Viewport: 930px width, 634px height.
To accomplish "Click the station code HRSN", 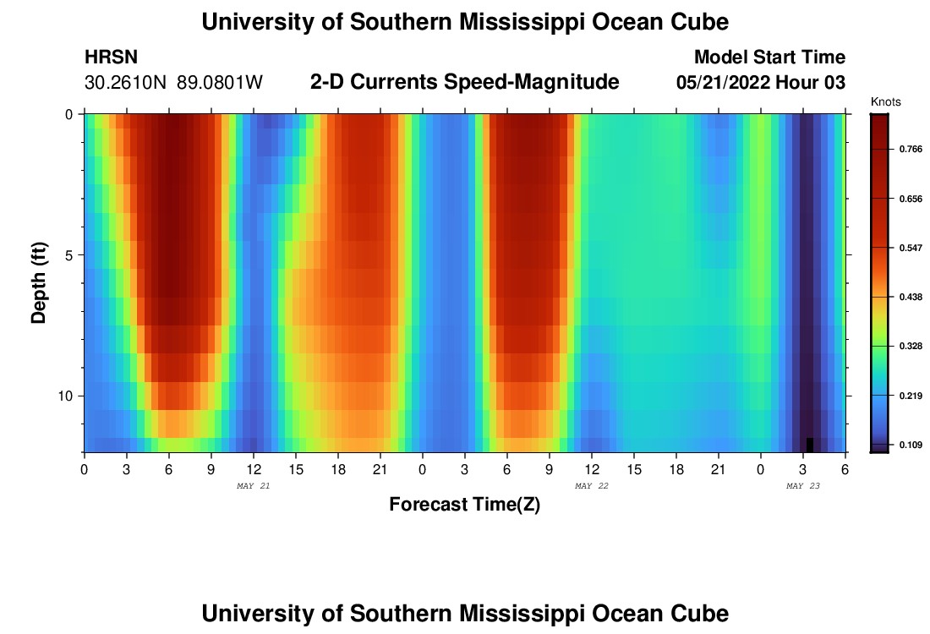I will tap(112, 57).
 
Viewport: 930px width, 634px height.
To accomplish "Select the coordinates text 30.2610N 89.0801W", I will tap(174, 83).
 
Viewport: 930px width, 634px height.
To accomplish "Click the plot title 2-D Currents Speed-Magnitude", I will tap(465, 82).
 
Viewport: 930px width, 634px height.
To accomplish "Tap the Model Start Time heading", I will tap(769, 57).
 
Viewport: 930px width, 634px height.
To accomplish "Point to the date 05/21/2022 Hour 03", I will tap(761, 83).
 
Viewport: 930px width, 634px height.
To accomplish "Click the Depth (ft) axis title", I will tap(39, 283).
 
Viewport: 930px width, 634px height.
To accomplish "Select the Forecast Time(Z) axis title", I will tap(464, 505).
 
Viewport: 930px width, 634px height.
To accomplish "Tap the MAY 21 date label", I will tap(254, 486).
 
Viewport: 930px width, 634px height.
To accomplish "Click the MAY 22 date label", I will tap(592, 486).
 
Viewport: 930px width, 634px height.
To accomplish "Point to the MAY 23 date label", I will tap(803, 486).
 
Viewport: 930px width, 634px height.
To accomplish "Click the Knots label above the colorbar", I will tap(885, 101).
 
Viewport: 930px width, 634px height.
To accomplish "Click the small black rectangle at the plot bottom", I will tap(810, 445).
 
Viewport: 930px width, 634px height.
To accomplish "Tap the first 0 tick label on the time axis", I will tap(84, 469).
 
